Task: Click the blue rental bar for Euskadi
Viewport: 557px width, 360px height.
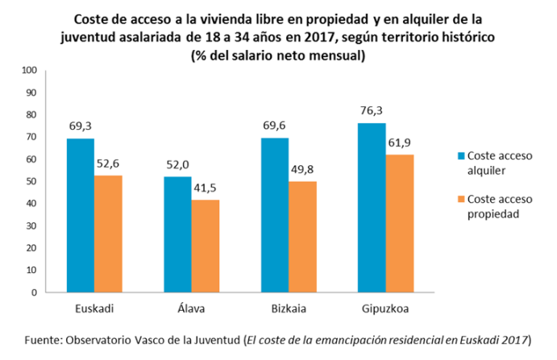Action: pyautogui.click(x=80, y=215)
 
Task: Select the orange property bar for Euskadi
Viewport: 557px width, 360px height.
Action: pyautogui.click(x=108, y=234)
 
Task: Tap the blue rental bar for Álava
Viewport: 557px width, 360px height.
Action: pyautogui.click(x=177, y=234)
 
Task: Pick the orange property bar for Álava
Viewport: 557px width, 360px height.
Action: pyautogui.click(x=206, y=246)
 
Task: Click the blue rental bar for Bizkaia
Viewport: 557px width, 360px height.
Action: pyautogui.click(x=275, y=215)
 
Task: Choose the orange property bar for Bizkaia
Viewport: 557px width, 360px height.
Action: pyautogui.click(x=303, y=237)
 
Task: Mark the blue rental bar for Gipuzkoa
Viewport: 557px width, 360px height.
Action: pyautogui.click(x=372, y=207)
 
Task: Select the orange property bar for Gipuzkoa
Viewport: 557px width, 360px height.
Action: pyautogui.click(x=401, y=223)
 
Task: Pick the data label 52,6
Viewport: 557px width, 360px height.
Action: pyautogui.click(x=109, y=164)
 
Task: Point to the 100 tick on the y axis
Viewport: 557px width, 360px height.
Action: pyautogui.click(x=30, y=70)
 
